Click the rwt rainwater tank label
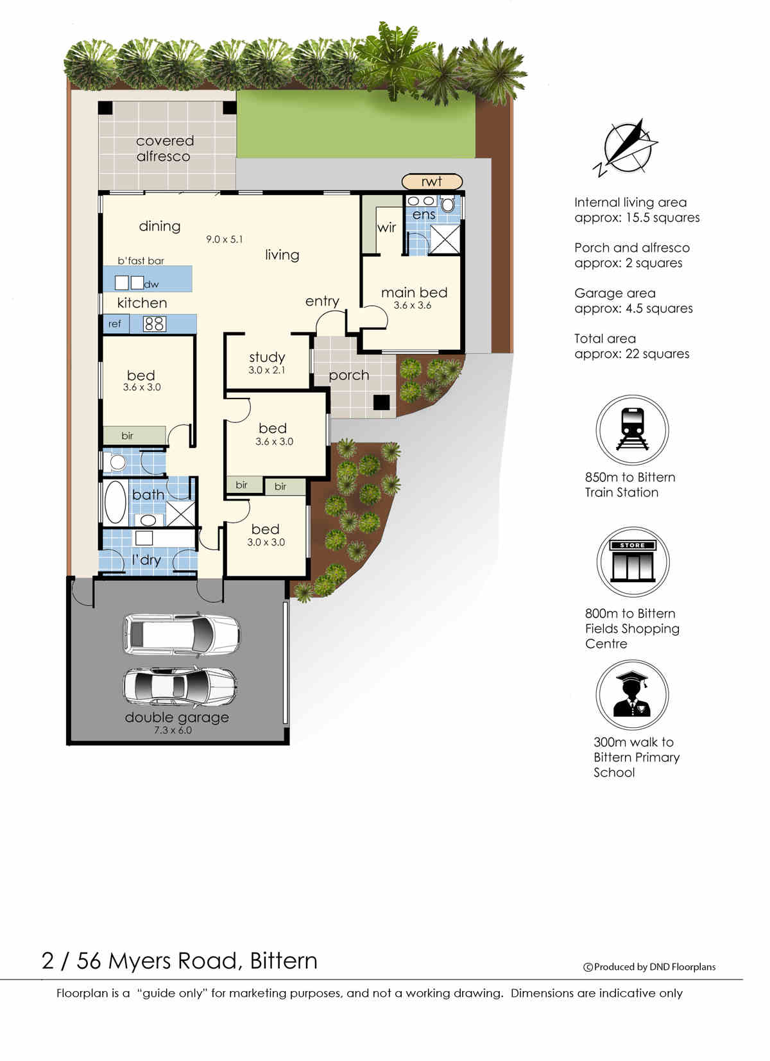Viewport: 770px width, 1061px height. click(432, 182)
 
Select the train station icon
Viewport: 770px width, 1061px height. click(632, 430)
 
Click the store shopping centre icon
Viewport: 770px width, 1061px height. click(633, 562)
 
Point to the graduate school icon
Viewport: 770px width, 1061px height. click(632, 695)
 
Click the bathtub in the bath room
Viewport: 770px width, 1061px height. click(116, 502)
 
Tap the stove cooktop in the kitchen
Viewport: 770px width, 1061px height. click(154, 324)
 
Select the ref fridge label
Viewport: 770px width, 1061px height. click(115, 324)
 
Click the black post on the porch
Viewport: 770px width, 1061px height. click(382, 402)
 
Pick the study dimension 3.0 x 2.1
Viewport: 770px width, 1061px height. click(267, 370)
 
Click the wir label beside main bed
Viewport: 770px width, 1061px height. click(386, 228)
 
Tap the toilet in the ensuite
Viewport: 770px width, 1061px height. click(447, 205)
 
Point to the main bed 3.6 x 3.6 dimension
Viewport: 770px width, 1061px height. click(413, 306)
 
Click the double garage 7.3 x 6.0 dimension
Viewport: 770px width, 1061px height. click(173, 730)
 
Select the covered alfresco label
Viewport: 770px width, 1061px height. click(164, 149)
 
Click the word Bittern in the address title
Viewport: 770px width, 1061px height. click(284, 961)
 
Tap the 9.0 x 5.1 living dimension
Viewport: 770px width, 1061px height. click(225, 239)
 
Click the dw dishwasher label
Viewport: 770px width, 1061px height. click(151, 284)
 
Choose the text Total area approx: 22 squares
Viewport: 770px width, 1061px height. click(631, 346)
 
